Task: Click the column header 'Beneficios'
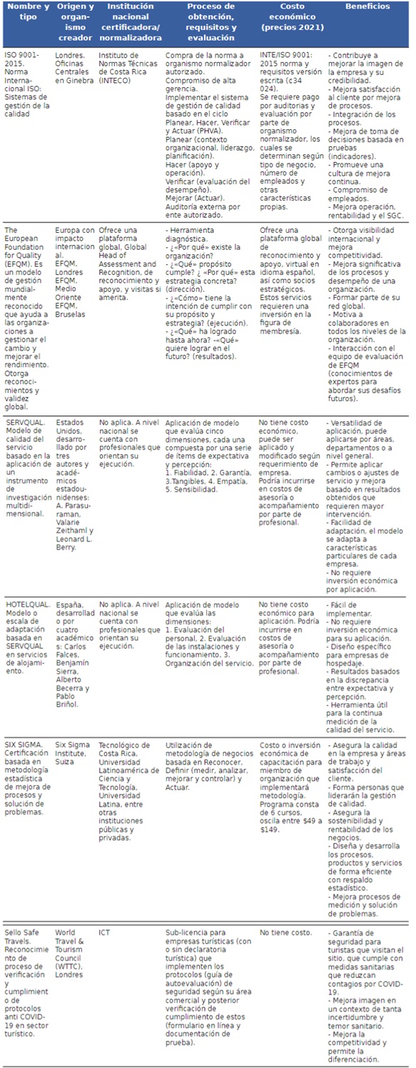click(x=367, y=7)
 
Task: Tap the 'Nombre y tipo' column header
click(x=26, y=12)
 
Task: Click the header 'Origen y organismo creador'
click(x=75, y=22)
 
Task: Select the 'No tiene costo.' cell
click(x=285, y=932)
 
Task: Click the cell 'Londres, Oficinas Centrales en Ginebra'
click(x=74, y=68)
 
